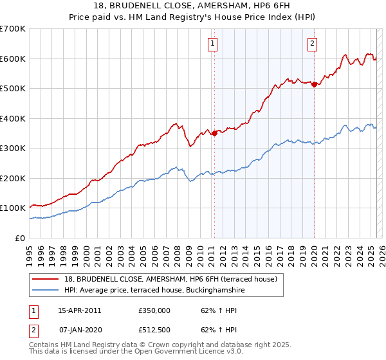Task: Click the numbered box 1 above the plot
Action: (213, 44)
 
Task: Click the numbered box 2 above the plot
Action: (312, 44)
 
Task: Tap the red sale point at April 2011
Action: (214, 133)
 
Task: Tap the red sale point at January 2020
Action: (314, 84)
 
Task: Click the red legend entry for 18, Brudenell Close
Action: (170, 279)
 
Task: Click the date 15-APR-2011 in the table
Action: (79, 310)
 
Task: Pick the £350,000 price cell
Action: (154, 310)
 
